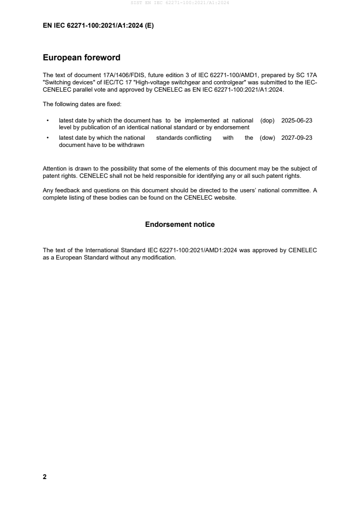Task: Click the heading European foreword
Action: [81, 58]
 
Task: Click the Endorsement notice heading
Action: [180, 225]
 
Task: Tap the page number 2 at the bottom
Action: [44, 477]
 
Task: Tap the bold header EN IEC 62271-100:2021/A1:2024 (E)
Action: [98, 26]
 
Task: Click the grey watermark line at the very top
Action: [180, 3]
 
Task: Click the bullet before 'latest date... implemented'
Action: [48, 121]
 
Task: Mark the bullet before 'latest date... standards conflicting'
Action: [48, 138]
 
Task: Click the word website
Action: [225, 197]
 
